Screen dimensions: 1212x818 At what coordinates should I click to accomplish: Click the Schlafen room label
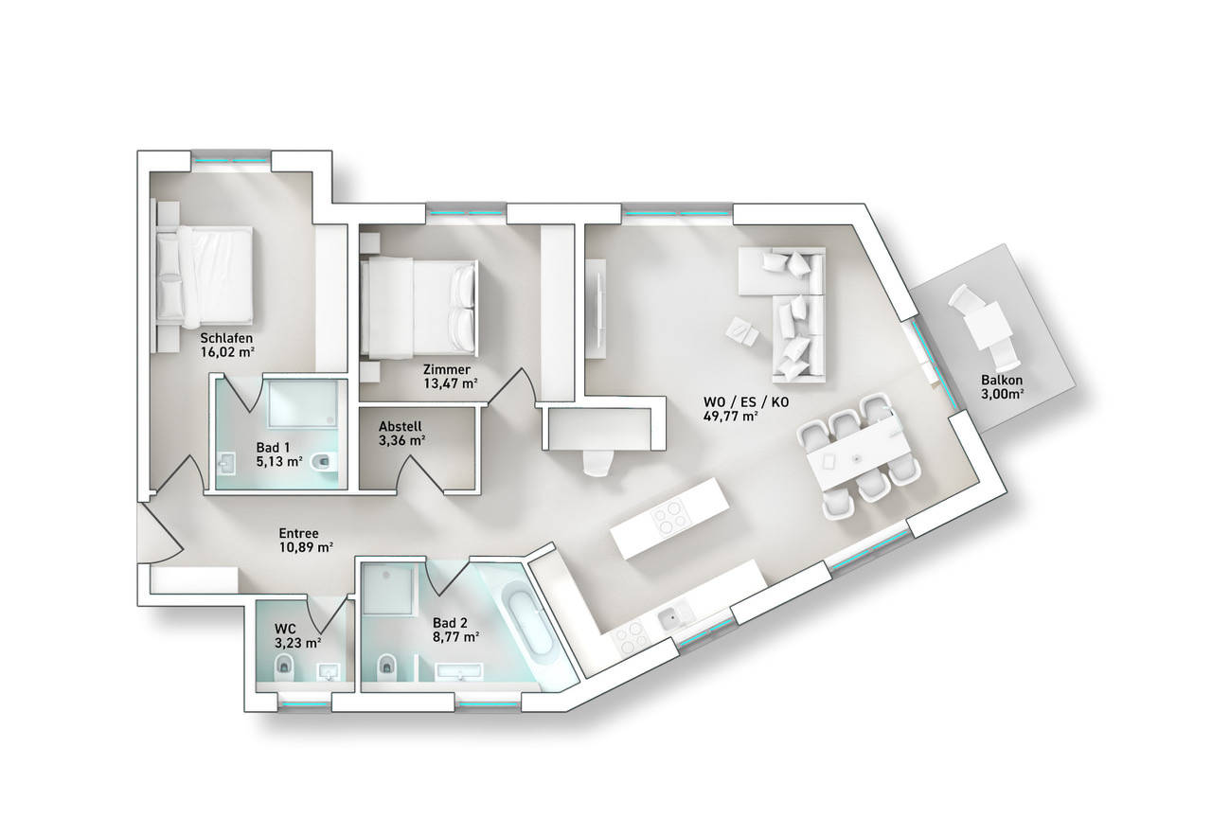[x=226, y=338]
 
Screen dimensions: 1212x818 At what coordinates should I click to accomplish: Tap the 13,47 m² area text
[x=450, y=384]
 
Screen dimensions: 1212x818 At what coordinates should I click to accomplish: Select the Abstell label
[x=401, y=426]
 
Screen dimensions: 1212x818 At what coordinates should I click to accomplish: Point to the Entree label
[x=298, y=533]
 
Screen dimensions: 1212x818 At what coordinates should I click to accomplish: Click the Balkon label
[x=1002, y=380]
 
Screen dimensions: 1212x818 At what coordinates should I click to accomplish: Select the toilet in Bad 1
[x=325, y=461]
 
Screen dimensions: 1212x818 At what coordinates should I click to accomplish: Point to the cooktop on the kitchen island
[x=672, y=516]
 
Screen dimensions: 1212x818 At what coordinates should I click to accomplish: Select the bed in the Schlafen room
[x=205, y=277]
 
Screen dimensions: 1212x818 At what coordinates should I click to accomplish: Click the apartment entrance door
[x=160, y=533]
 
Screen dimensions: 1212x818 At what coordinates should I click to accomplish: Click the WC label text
[x=285, y=629]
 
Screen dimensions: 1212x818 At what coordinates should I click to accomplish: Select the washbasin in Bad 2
[x=459, y=671]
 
